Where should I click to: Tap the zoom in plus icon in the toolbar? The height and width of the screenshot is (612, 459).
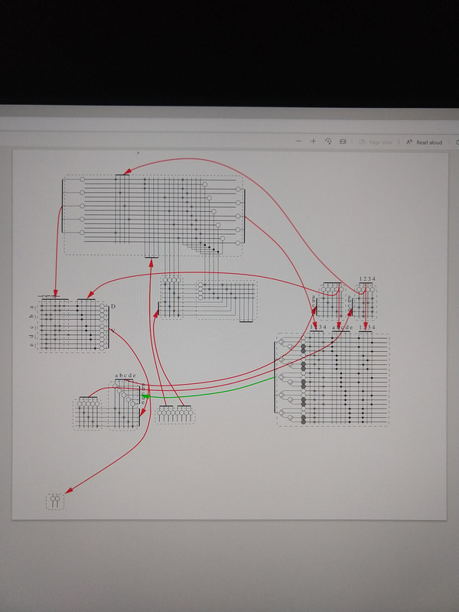click(313, 142)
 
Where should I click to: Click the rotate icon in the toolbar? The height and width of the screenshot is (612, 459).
click(327, 142)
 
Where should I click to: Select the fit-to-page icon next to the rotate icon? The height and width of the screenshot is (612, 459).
click(343, 142)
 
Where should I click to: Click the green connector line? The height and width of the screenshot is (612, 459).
click(214, 391)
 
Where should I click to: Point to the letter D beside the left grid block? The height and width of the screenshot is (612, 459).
click(113, 307)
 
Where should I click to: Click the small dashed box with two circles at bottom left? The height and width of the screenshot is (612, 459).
click(54, 502)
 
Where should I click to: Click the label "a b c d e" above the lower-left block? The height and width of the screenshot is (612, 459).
click(125, 376)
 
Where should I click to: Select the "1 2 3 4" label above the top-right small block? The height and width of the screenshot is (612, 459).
click(367, 279)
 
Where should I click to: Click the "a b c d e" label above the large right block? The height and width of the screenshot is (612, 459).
click(342, 328)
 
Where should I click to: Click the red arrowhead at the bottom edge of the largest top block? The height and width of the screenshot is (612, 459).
click(151, 260)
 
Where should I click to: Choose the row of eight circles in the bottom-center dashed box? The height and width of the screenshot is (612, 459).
click(175, 415)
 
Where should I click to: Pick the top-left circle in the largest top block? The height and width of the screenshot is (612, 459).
click(83, 181)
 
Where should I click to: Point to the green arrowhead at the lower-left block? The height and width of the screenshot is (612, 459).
click(144, 396)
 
